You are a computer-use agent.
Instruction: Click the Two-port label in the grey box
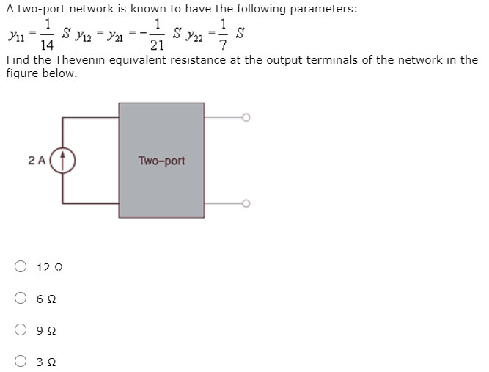pyautogui.click(x=161, y=160)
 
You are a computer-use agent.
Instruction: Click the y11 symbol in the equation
pyautogui.click(x=12, y=34)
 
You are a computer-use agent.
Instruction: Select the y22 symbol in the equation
pyautogui.click(x=191, y=34)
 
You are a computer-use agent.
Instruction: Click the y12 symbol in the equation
pyautogui.click(x=87, y=34)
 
